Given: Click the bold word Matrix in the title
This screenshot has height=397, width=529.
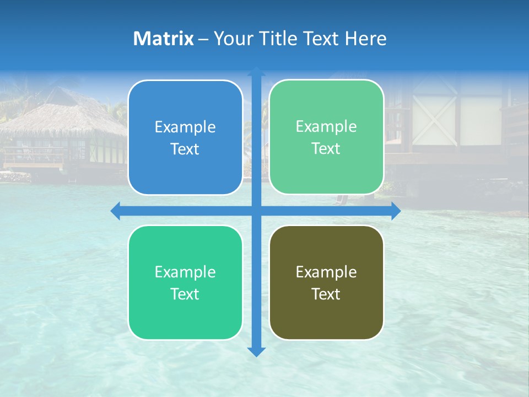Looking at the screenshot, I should click(x=163, y=39).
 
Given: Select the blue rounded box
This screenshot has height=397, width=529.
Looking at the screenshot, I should click(x=185, y=137).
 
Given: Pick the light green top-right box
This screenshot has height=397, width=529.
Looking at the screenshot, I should click(x=326, y=137).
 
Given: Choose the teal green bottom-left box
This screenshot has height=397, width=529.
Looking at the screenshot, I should click(x=185, y=282).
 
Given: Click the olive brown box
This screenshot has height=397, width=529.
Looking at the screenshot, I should click(x=326, y=282).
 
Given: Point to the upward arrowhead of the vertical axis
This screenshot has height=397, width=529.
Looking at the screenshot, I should click(x=256, y=72).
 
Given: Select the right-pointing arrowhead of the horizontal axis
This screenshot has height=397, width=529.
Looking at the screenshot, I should click(x=396, y=211).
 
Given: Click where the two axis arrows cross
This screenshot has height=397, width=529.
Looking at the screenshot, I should click(x=256, y=211).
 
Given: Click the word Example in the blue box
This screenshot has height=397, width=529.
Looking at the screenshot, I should click(x=185, y=127).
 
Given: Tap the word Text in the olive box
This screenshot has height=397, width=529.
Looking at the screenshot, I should click(x=326, y=294).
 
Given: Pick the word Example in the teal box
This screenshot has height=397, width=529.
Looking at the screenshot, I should click(x=185, y=272).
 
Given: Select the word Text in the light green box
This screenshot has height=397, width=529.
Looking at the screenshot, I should click(x=326, y=148).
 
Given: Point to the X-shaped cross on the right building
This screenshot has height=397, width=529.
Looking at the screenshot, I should click(x=441, y=119).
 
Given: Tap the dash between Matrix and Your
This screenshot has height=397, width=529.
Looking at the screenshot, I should click(x=203, y=39).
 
